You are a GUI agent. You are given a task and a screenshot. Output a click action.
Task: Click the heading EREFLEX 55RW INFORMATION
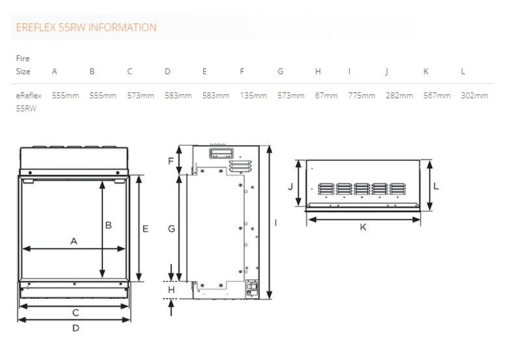pyautogui.click(x=86, y=27)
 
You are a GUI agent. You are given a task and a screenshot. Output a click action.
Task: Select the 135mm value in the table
pyautogui.click(x=253, y=96)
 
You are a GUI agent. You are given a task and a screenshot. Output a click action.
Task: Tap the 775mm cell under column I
pyautogui.click(x=361, y=96)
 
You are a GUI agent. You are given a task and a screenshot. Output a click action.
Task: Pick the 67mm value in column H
pyautogui.click(x=326, y=96)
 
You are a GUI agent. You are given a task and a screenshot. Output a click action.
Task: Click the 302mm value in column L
pyautogui.click(x=474, y=96)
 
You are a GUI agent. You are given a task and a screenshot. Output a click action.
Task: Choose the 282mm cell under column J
pyautogui.click(x=399, y=96)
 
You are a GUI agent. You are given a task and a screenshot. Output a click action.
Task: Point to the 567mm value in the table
pyautogui.click(x=437, y=96)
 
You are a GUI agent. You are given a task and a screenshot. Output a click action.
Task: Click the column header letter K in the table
pyautogui.click(x=426, y=71)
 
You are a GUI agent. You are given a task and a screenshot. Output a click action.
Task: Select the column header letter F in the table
pyautogui.click(x=242, y=71)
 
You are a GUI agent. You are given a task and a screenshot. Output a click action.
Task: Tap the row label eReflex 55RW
pyautogui.click(x=29, y=102)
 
